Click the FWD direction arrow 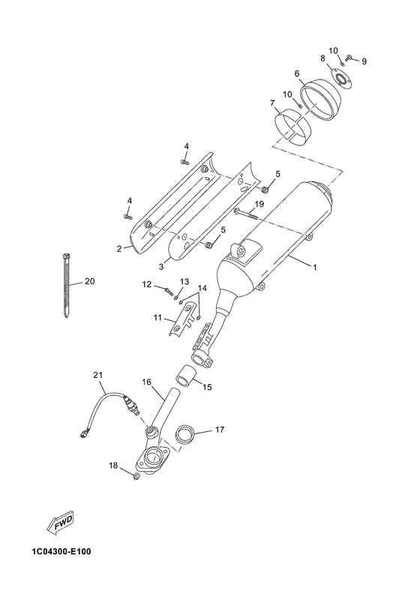tap(59, 524)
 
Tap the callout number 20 tap(90, 281)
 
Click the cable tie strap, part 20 tap(66, 285)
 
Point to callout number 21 tap(98, 375)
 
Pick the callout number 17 tap(220, 430)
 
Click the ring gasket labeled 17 tap(184, 434)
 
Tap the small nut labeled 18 tap(136, 476)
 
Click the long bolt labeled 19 tap(246, 214)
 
